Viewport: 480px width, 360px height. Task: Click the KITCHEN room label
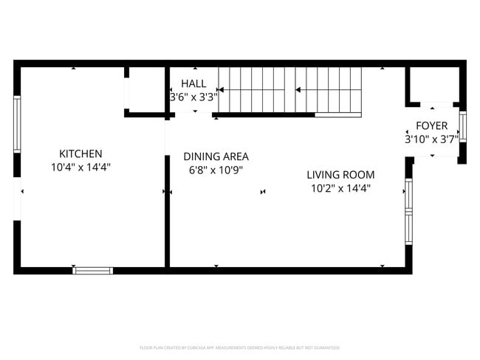(80, 153)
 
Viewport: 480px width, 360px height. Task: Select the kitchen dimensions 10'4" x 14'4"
(80, 167)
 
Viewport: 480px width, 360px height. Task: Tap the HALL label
(193, 83)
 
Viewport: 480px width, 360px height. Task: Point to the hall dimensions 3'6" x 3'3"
(193, 97)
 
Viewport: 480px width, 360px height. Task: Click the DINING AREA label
(216, 156)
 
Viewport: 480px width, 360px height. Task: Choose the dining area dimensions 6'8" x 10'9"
(216, 170)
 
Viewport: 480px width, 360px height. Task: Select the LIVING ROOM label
(340, 175)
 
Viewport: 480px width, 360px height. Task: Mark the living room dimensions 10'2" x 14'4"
(340, 188)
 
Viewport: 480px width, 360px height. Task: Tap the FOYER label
(431, 125)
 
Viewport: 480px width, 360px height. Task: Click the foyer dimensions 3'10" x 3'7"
(431, 139)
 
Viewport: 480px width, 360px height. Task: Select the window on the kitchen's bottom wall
(93, 271)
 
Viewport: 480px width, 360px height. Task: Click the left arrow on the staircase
(251, 90)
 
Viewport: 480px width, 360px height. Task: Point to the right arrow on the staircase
(329, 90)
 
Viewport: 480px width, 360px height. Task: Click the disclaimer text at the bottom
(239, 347)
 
